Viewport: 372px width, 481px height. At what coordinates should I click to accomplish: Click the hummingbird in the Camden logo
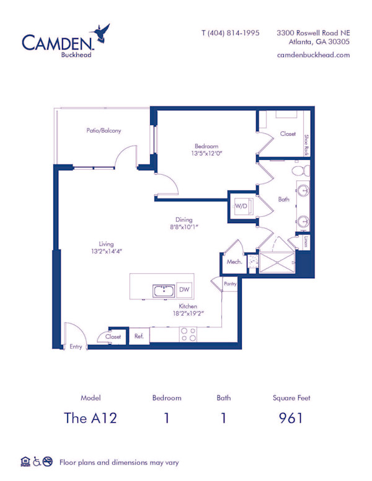[100, 32]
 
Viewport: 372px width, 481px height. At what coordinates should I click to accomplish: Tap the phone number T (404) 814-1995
[230, 33]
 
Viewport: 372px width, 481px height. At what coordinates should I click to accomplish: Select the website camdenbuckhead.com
[314, 55]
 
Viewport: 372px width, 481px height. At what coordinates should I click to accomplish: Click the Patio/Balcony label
[104, 131]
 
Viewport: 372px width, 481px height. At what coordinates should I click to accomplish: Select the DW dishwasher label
[184, 289]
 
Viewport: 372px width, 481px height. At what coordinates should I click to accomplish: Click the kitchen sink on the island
[164, 290]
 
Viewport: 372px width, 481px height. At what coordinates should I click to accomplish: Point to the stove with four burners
[188, 335]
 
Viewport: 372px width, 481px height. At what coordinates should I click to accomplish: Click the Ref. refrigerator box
[139, 337]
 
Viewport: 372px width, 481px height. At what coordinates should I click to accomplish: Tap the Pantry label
[229, 283]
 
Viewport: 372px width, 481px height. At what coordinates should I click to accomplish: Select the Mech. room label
[234, 262]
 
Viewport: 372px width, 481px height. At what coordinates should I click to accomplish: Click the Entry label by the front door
[76, 346]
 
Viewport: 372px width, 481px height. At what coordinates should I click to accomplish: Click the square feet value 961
[291, 418]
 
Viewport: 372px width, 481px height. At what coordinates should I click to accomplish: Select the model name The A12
[91, 418]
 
